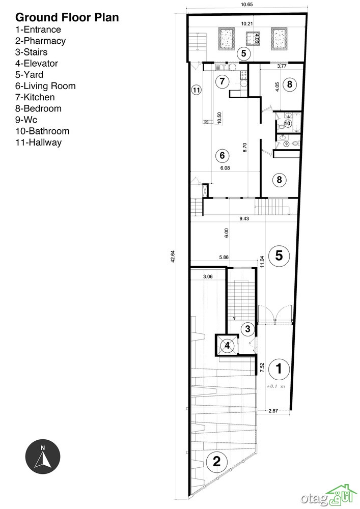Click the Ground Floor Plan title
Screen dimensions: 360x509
(67, 17)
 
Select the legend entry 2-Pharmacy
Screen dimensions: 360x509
(41, 41)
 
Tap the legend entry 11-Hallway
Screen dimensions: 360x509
(38, 143)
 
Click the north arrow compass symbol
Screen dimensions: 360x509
(43, 457)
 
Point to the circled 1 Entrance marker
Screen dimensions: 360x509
(279, 369)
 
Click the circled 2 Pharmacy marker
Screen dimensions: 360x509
(216, 461)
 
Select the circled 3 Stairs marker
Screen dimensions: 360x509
(247, 329)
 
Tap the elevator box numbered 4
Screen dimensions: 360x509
(227, 345)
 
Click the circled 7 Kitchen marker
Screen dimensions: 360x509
(222, 81)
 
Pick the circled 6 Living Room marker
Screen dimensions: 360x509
(222, 155)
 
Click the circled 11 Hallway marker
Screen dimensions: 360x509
(196, 90)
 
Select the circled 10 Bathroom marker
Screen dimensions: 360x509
(287, 123)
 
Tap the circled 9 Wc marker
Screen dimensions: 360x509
(286, 144)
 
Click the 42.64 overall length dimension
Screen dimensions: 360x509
(173, 257)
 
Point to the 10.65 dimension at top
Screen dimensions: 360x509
(247, 5)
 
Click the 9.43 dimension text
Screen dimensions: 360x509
(244, 218)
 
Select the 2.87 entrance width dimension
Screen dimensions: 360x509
(273, 411)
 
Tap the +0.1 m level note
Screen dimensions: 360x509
(275, 386)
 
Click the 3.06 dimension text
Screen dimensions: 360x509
(208, 276)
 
